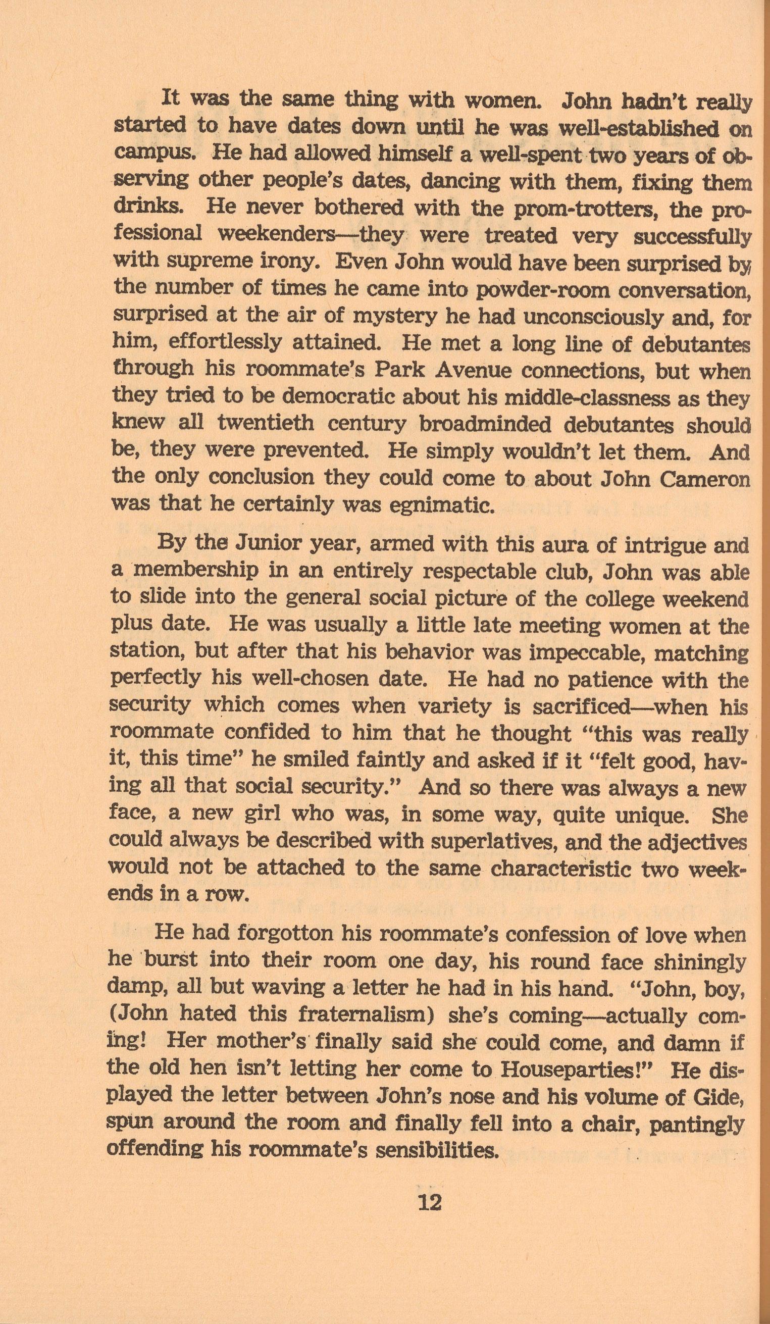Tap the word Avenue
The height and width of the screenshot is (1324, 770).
point(468,372)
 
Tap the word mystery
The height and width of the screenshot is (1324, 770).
point(399,316)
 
